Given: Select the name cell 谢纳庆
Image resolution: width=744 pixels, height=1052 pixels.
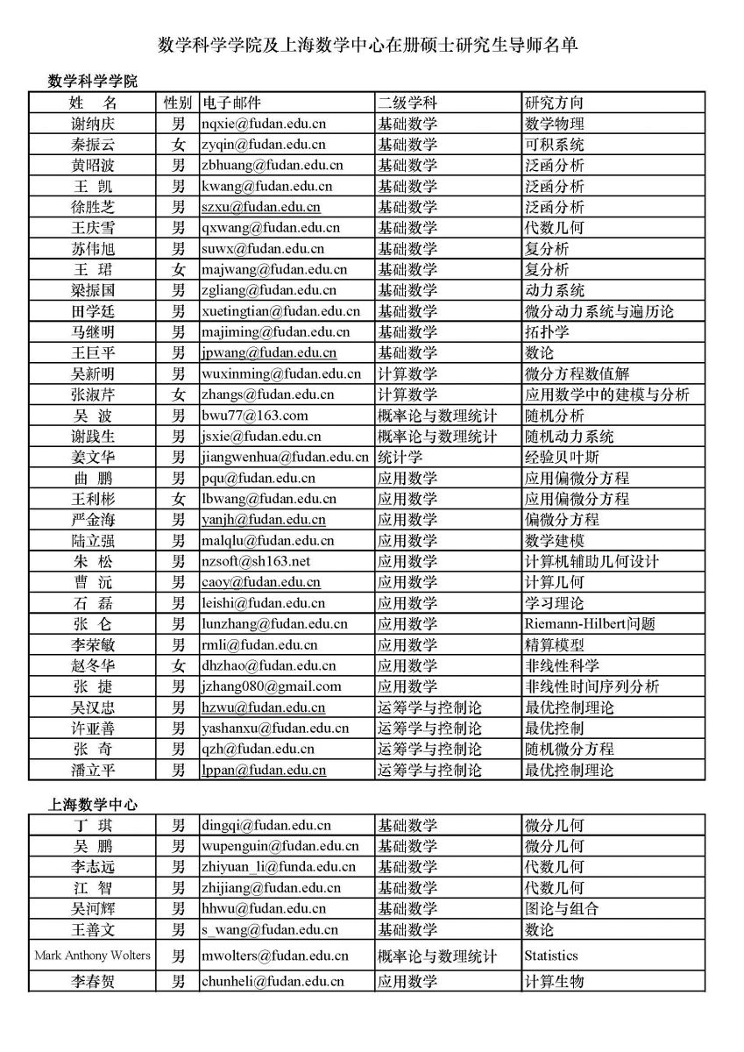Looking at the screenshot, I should point(93,124).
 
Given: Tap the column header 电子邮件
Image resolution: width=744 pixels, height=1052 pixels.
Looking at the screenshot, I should point(232,103).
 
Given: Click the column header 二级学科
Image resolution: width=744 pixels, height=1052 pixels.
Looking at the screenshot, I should point(407,103).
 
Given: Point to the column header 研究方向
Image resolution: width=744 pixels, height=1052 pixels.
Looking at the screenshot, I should point(554,103).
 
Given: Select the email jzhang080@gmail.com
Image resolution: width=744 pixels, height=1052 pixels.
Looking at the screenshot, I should point(271,686).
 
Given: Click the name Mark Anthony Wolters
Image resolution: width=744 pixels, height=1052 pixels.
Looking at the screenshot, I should point(93,955).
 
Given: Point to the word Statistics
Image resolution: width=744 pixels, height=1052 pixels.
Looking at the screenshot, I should point(551,956).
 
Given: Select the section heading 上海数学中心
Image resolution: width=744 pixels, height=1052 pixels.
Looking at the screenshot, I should point(93,804).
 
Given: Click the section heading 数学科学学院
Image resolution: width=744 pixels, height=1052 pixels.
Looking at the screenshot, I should point(93,82).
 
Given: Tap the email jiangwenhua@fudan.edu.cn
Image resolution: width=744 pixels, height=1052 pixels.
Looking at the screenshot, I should point(285,457).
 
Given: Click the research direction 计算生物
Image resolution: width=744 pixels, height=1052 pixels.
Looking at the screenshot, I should point(554,981).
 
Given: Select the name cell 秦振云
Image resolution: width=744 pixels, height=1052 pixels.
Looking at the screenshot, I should point(93,145).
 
